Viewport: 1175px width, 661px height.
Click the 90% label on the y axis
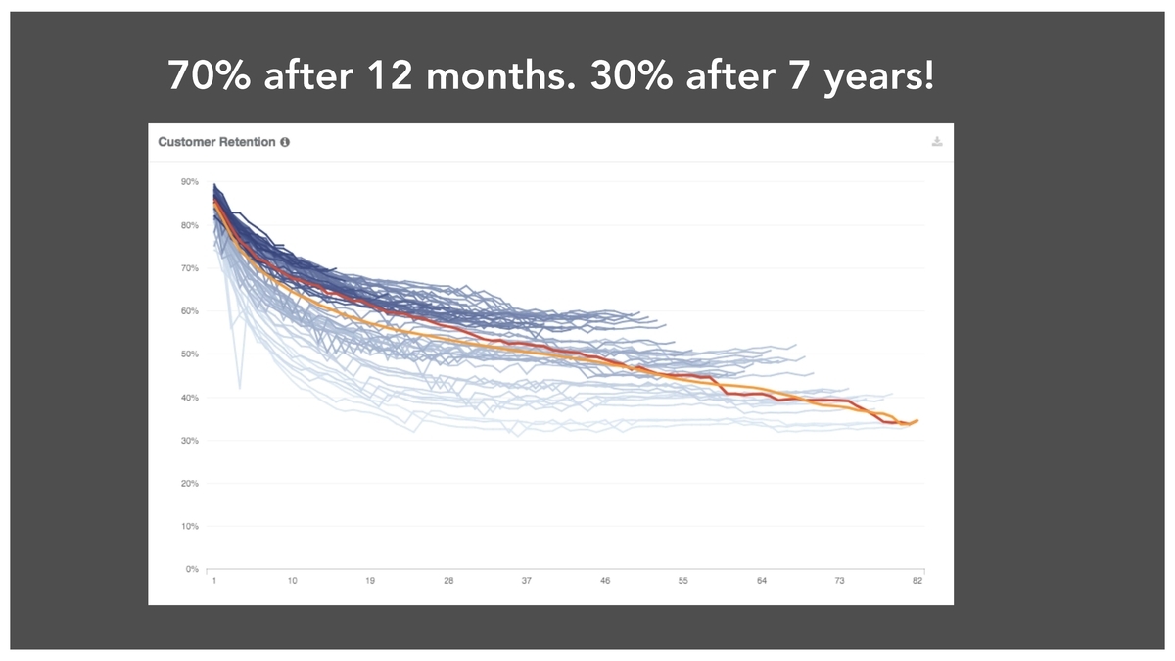pos(190,182)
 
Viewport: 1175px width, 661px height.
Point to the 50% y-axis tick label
pos(190,354)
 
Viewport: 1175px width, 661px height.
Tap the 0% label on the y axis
pos(192,569)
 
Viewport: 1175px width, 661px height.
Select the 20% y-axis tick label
pos(190,483)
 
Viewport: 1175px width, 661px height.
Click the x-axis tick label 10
pos(292,581)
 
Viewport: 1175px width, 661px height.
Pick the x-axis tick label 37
pos(526,581)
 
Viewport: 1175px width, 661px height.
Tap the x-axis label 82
pos(916,581)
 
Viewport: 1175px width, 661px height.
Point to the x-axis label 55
pos(682,581)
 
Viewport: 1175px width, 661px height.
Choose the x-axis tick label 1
pos(214,581)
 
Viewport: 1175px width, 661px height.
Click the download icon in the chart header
pos(937,142)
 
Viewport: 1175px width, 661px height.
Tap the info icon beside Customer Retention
pos(285,142)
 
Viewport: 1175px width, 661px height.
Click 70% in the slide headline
pos(210,75)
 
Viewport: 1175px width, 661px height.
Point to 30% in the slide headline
pos(632,75)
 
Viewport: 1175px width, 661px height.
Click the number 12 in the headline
pos(390,75)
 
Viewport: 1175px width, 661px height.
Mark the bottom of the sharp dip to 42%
pos(240,388)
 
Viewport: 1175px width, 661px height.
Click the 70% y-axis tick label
pos(190,268)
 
